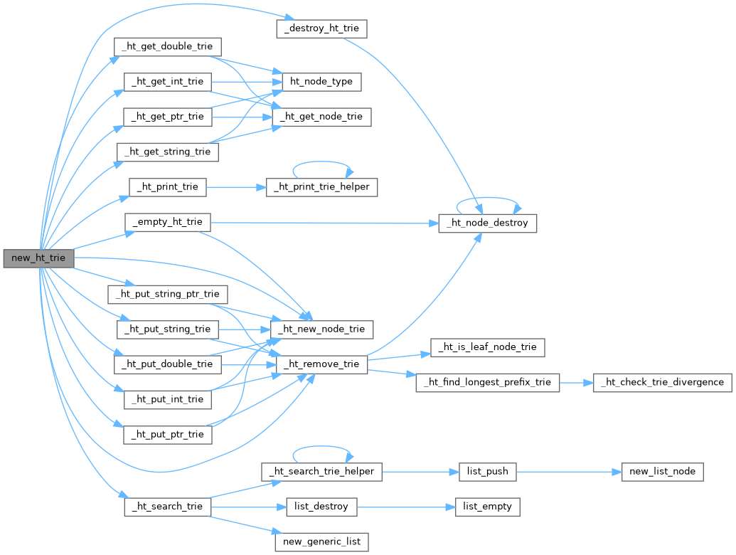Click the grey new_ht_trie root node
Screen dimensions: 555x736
pos(38,258)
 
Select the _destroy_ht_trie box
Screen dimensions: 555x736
pos(321,29)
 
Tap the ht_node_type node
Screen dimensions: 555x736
pos(321,81)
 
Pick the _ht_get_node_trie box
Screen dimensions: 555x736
pos(321,116)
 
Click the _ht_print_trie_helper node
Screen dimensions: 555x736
pos(321,187)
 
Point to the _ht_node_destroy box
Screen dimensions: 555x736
pos(487,223)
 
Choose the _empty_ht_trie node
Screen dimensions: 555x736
pos(167,222)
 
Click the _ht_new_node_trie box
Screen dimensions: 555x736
pos(321,329)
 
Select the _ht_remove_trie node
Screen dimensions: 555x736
pos(321,364)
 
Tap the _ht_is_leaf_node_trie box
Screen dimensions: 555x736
pos(488,347)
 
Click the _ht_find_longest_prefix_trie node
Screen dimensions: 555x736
pos(488,382)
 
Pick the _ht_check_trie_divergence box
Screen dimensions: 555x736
pos(662,382)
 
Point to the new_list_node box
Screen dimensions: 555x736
pos(662,471)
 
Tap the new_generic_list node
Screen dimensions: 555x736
pos(321,541)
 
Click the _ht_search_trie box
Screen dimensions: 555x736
pos(167,507)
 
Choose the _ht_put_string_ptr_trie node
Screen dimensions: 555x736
pos(167,293)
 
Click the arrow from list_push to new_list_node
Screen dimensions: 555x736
pos(569,471)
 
